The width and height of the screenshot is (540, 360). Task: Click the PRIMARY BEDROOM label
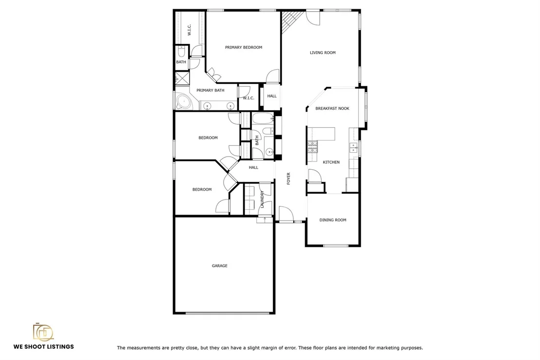click(244, 47)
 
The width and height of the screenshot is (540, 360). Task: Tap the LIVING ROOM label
click(323, 53)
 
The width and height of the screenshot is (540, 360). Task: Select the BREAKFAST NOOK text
click(332, 108)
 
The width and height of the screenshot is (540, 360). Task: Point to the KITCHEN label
click(331, 162)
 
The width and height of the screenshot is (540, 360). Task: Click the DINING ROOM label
click(333, 220)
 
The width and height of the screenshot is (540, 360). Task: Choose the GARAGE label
click(219, 266)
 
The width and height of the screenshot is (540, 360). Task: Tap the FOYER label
click(289, 179)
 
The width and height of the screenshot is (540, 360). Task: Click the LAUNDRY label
click(262, 200)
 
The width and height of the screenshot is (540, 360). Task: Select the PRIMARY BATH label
click(210, 90)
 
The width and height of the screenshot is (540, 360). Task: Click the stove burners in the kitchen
click(313, 146)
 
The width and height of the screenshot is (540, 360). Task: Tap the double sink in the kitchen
click(353, 148)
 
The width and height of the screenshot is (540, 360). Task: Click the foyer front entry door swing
click(285, 214)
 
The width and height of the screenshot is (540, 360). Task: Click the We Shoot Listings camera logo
click(43, 332)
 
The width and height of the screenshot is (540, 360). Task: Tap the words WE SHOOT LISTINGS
click(44, 346)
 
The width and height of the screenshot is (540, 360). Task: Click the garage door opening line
click(227, 313)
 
